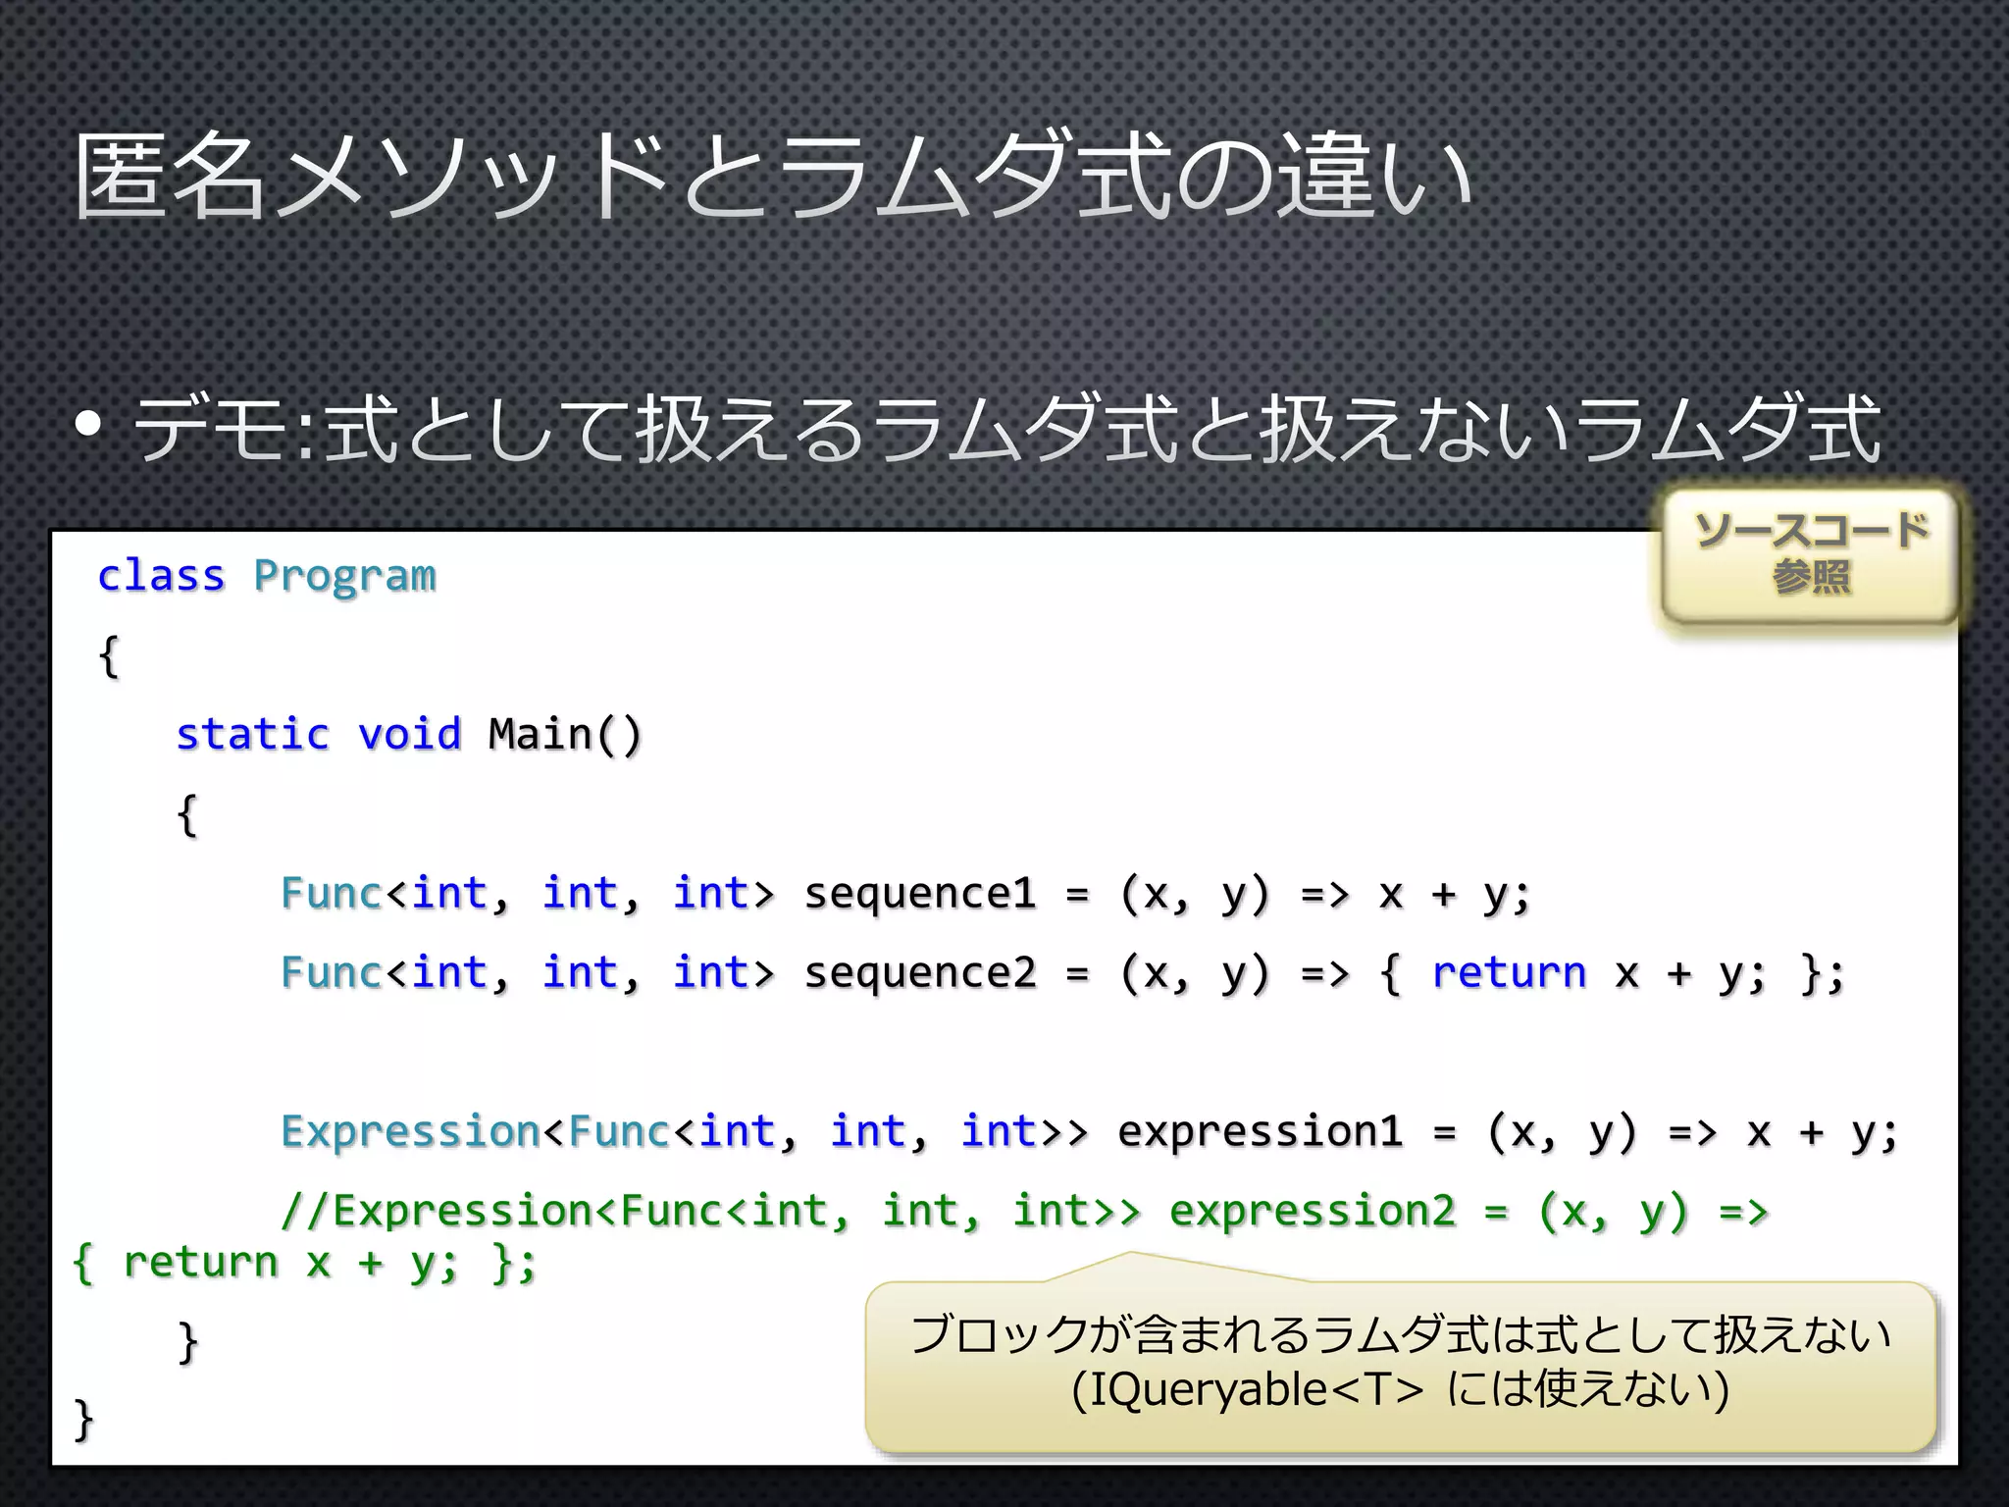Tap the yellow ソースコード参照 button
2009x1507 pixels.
(x=1811, y=555)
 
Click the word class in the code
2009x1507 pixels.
(x=161, y=576)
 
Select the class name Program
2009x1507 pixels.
(x=344, y=576)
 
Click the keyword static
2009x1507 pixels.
(x=253, y=735)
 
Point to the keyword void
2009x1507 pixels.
(x=410, y=735)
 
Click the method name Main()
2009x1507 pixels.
(x=565, y=735)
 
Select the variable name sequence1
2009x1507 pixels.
(x=920, y=894)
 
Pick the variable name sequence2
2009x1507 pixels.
(x=920, y=973)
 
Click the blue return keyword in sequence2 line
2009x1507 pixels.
(x=1509, y=973)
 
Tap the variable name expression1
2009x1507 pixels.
(x=1261, y=1132)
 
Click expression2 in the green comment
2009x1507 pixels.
(x=1313, y=1212)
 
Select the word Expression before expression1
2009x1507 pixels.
(x=410, y=1132)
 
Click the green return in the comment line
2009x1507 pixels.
(x=201, y=1263)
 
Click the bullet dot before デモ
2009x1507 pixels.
(x=88, y=425)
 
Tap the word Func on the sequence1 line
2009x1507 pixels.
(x=331, y=894)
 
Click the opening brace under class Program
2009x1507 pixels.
(x=109, y=655)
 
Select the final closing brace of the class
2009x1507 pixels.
(x=83, y=1420)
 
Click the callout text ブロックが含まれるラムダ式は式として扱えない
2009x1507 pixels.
(x=1400, y=1335)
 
